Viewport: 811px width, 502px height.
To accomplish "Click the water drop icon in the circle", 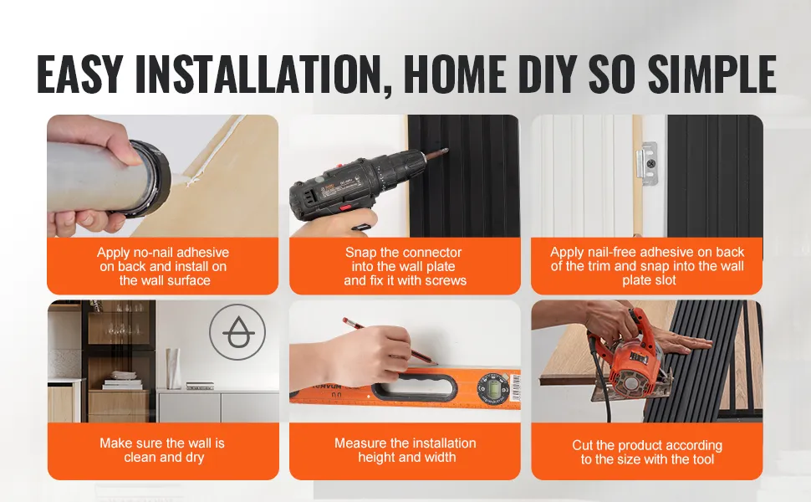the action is coord(237,332).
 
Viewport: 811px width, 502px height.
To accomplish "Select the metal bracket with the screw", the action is coord(646,163).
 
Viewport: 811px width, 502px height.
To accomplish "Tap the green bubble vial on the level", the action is coord(489,388).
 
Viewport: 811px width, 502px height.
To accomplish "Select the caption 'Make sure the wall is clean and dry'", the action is coord(163,450).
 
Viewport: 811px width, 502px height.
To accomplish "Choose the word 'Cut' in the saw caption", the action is coord(581,445).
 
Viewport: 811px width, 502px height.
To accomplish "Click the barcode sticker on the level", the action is coord(515,387).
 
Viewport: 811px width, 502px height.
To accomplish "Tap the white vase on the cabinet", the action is coord(173,368).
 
